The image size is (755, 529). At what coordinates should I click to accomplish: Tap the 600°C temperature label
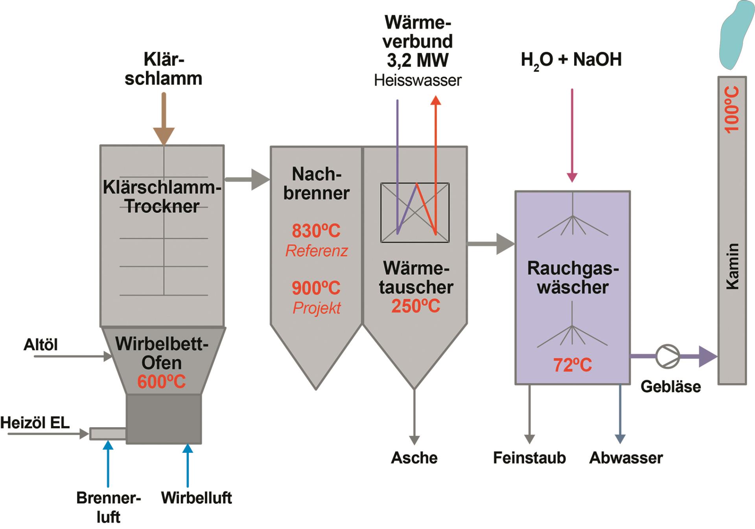[x=161, y=382]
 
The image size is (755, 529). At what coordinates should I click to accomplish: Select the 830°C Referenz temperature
[x=316, y=231]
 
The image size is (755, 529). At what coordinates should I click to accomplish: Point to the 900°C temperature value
[x=316, y=288]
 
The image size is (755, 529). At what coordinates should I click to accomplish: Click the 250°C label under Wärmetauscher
[x=416, y=306]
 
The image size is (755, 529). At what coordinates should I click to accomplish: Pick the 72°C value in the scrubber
[x=573, y=365]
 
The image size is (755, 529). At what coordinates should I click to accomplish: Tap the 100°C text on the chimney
[x=732, y=110]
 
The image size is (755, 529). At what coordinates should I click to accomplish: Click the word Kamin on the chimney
[x=732, y=266]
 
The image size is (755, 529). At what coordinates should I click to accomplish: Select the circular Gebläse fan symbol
[x=667, y=356]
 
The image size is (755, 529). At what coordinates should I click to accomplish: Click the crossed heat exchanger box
[x=415, y=213]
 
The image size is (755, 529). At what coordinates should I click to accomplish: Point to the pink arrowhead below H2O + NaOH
[x=572, y=177]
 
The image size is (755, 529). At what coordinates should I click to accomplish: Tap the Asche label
[x=414, y=458]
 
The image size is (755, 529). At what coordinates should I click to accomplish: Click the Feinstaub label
[x=529, y=458]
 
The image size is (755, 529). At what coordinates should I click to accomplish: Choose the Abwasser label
[x=626, y=458]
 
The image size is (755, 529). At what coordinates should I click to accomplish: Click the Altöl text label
[x=41, y=345]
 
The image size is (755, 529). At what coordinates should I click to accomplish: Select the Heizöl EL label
[x=35, y=422]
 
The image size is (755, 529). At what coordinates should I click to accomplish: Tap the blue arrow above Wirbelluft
[x=188, y=464]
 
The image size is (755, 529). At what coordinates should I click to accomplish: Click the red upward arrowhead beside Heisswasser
[x=436, y=100]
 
